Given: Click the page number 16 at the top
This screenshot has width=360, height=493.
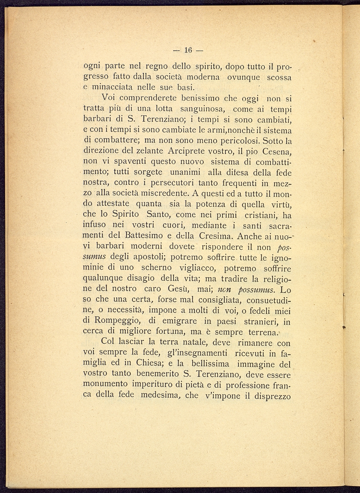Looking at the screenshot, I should coord(188,50).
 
